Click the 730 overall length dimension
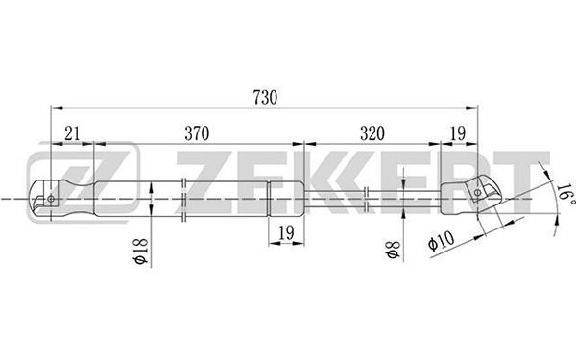tap(265, 97)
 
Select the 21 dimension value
tap(72, 133)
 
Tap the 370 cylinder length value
tap(197, 133)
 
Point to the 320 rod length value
tap(372, 133)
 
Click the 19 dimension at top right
tap(458, 133)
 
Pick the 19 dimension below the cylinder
tap(286, 232)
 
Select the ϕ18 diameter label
tap(141, 251)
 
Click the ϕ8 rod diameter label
tap(393, 250)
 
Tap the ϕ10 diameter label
tap(442, 240)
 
